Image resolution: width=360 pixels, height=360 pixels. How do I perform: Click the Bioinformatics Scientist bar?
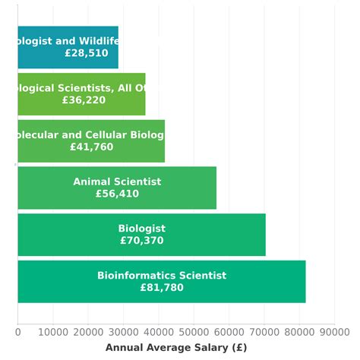(x=161, y=282)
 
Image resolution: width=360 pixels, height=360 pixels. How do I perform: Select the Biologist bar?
(x=141, y=235)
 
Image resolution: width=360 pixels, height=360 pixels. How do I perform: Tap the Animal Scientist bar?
(x=117, y=188)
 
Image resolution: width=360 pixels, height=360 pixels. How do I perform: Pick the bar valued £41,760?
(x=91, y=141)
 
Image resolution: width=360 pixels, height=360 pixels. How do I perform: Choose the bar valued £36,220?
(x=81, y=94)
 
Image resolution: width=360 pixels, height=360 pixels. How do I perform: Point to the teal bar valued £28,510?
(x=68, y=47)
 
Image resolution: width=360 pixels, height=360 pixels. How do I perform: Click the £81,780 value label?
(x=162, y=288)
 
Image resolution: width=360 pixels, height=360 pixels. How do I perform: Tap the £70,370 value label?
(x=141, y=241)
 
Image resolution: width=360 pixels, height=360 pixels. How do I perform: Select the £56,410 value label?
(x=117, y=194)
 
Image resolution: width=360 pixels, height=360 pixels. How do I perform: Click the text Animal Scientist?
(x=117, y=182)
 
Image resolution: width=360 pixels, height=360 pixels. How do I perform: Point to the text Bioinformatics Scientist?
(x=162, y=276)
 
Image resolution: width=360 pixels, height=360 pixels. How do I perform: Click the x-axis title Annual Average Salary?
(x=176, y=348)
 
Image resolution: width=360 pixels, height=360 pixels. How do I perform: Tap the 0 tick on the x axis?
(x=17, y=331)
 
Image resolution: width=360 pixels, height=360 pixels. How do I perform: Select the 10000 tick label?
(x=53, y=331)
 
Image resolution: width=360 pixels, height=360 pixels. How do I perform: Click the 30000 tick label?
(x=123, y=331)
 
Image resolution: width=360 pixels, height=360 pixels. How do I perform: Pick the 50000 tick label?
(x=194, y=331)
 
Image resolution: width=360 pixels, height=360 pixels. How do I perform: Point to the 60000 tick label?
(x=229, y=331)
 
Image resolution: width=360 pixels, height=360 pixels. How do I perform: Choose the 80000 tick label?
(x=299, y=331)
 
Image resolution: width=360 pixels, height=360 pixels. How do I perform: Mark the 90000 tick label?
(x=334, y=331)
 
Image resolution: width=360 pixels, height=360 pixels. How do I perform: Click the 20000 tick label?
(x=88, y=331)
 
